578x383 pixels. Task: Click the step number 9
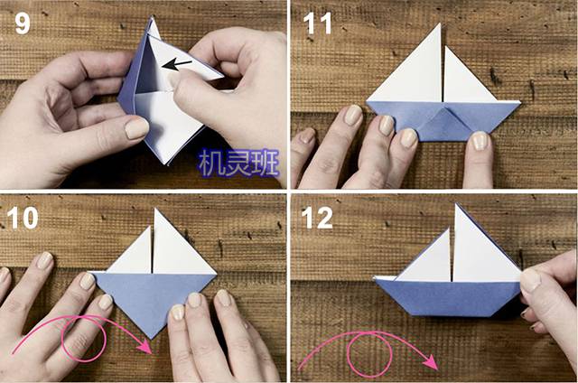point(22,24)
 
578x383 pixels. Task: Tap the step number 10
point(23,218)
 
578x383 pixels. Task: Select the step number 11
point(317,23)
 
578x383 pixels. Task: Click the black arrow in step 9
point(177,65)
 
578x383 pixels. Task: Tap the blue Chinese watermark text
point(238,163)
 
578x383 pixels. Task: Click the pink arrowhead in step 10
point(145,346)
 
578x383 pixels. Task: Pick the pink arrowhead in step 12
point(430,362)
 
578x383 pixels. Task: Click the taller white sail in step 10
point(180,247)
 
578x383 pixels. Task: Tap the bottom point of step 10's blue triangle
point(152,339)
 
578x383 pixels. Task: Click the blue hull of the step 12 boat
point(449,298)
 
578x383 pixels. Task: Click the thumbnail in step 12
point(530,280)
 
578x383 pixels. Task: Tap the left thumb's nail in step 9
point(136,128)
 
